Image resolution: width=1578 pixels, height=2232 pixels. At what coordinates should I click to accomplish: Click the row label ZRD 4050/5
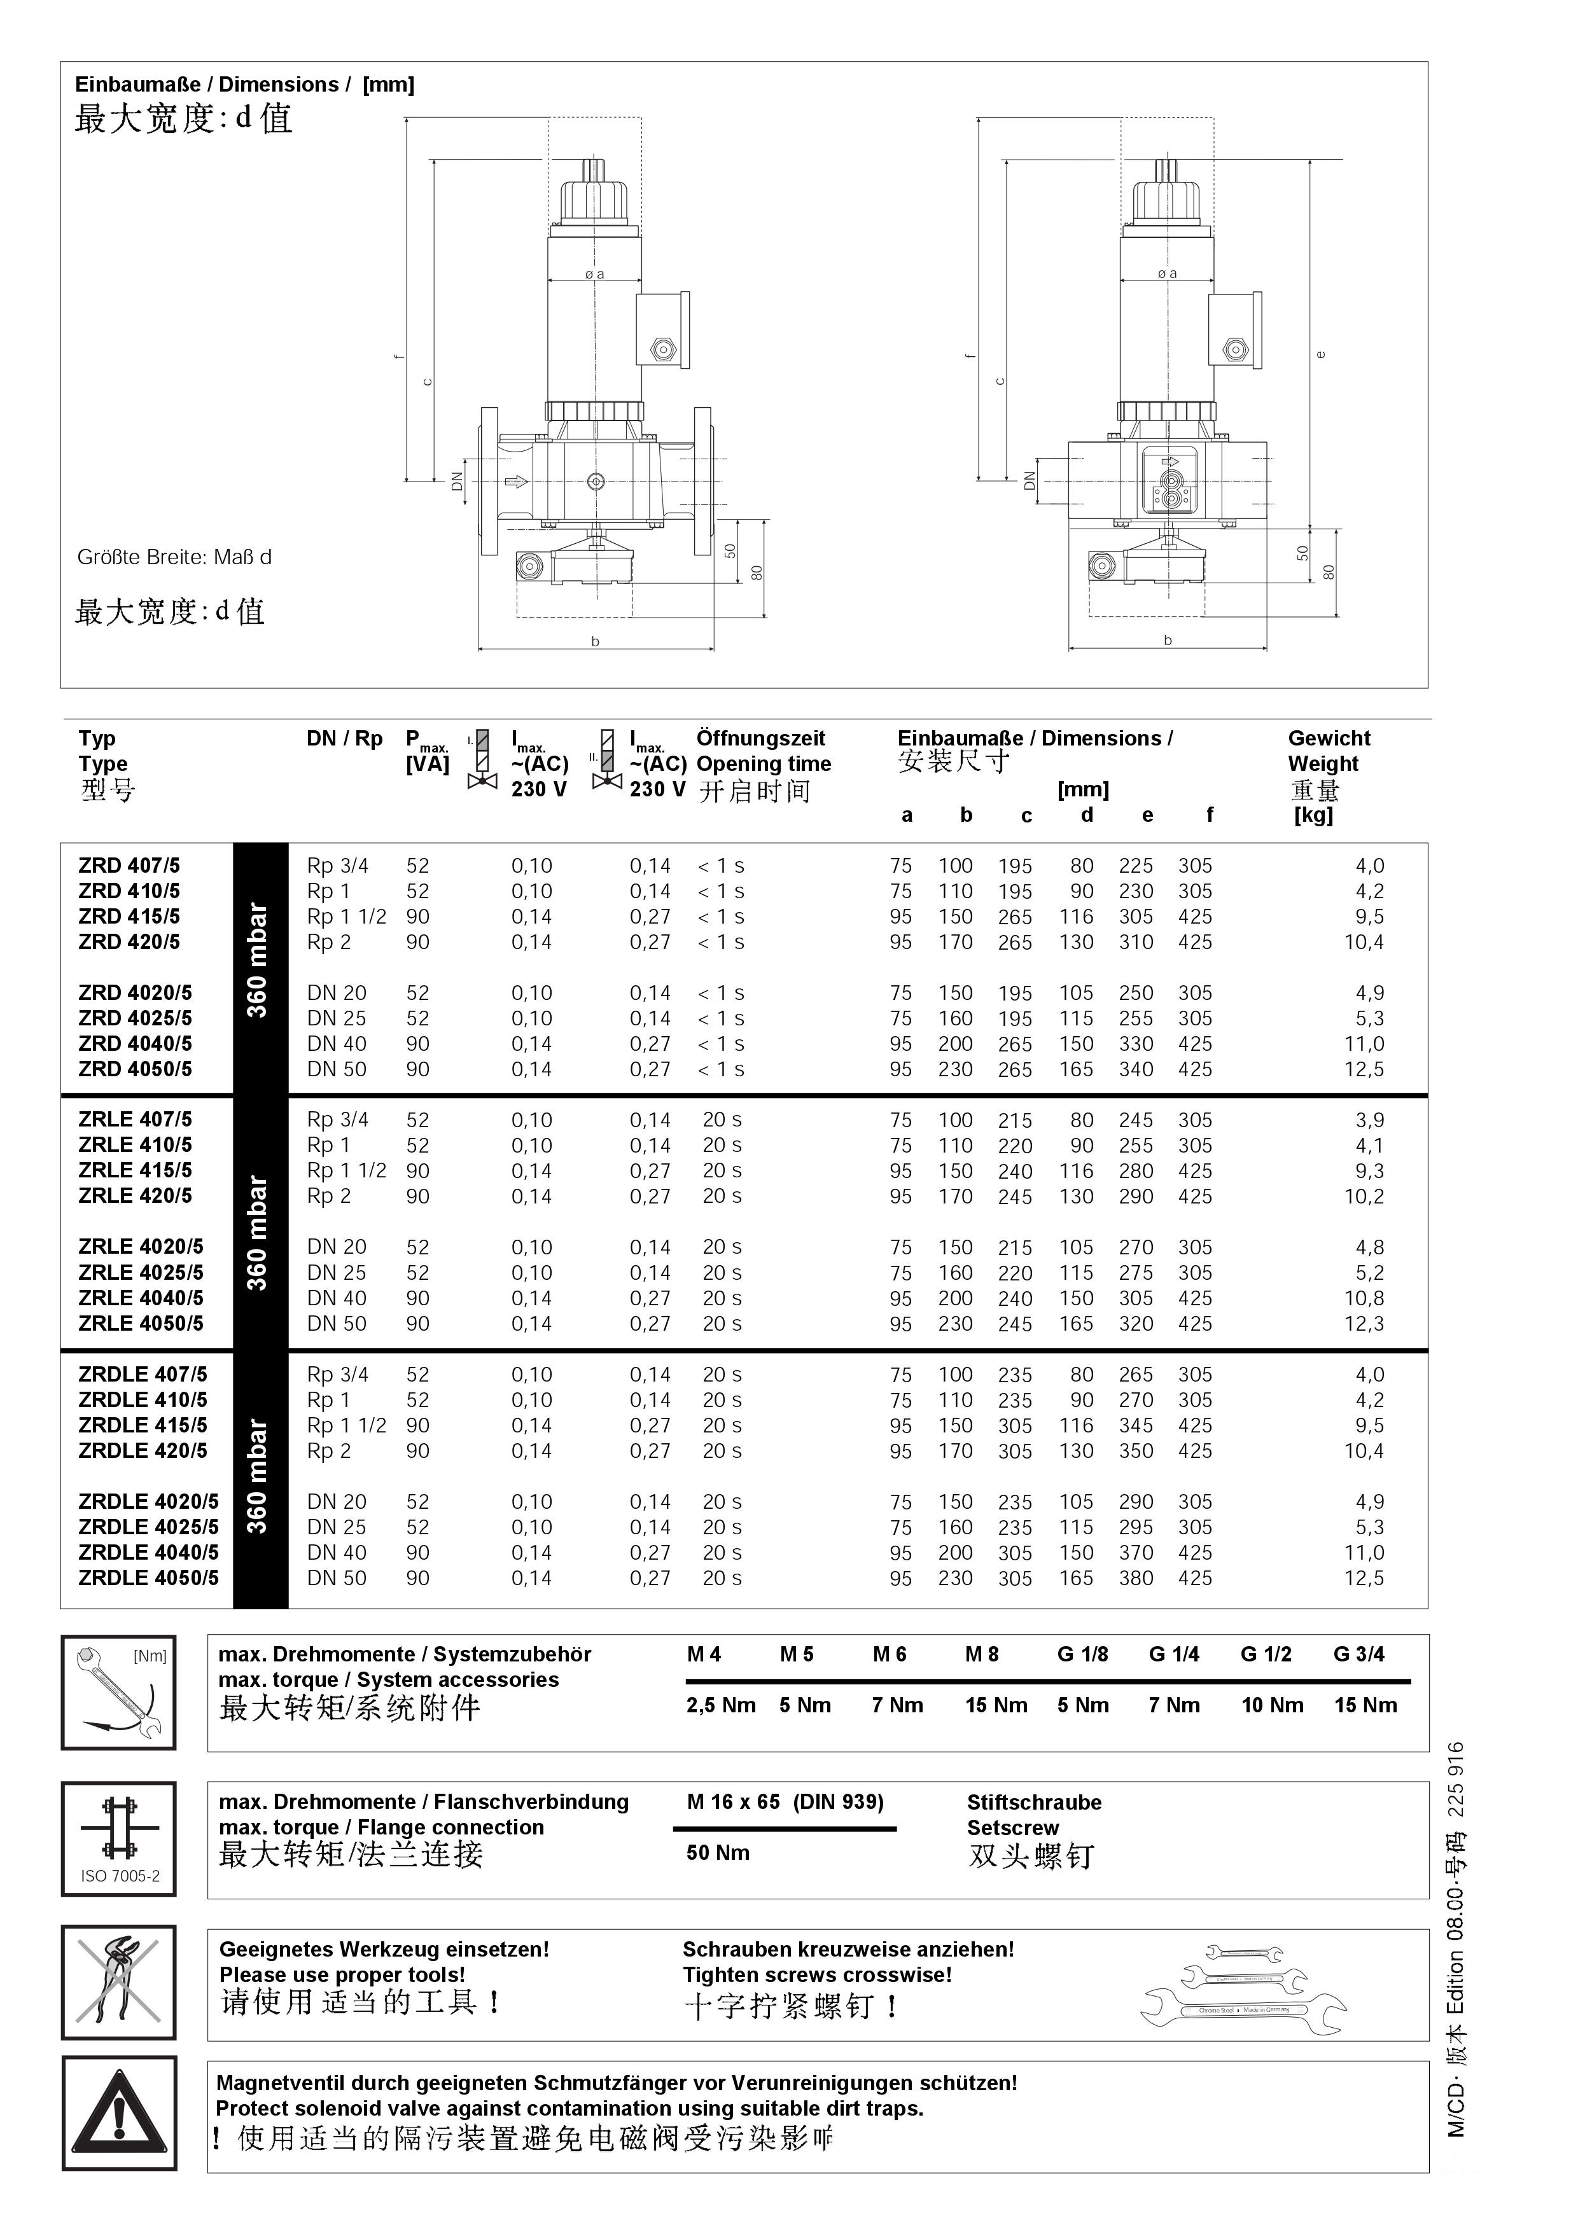coord(135,1069)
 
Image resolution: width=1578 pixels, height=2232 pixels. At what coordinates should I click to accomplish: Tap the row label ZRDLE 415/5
coord(143,1426)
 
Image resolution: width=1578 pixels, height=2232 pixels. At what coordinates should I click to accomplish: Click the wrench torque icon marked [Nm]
coord(118,1693)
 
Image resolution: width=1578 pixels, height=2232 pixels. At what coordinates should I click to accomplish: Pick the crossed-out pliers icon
coord(118,1981)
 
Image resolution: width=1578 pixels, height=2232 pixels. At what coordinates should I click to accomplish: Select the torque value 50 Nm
coord(718,1853)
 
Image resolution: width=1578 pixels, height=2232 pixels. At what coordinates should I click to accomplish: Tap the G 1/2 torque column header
coord(1266,1654)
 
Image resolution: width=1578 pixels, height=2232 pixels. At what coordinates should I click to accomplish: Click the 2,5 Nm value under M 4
coord(720,1705)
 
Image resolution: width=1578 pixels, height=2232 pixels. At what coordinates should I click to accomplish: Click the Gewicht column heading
coord(1329,739)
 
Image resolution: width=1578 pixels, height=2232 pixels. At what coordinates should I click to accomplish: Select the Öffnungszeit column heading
coord(760,739)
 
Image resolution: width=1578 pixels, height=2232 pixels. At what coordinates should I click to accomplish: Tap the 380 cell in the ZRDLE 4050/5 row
coord(1136,1579)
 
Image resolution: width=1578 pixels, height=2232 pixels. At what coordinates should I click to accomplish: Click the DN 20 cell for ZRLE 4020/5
coord(337,1247)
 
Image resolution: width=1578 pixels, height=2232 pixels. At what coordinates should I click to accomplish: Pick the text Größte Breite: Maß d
coord(174,558)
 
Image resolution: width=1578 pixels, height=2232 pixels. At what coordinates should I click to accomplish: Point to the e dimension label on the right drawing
coord(1320,354)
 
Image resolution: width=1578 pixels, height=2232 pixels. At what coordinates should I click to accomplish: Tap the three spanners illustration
coord(1243,1987)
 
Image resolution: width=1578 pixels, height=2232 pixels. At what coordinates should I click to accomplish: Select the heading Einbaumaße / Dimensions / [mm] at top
coord(245,85)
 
